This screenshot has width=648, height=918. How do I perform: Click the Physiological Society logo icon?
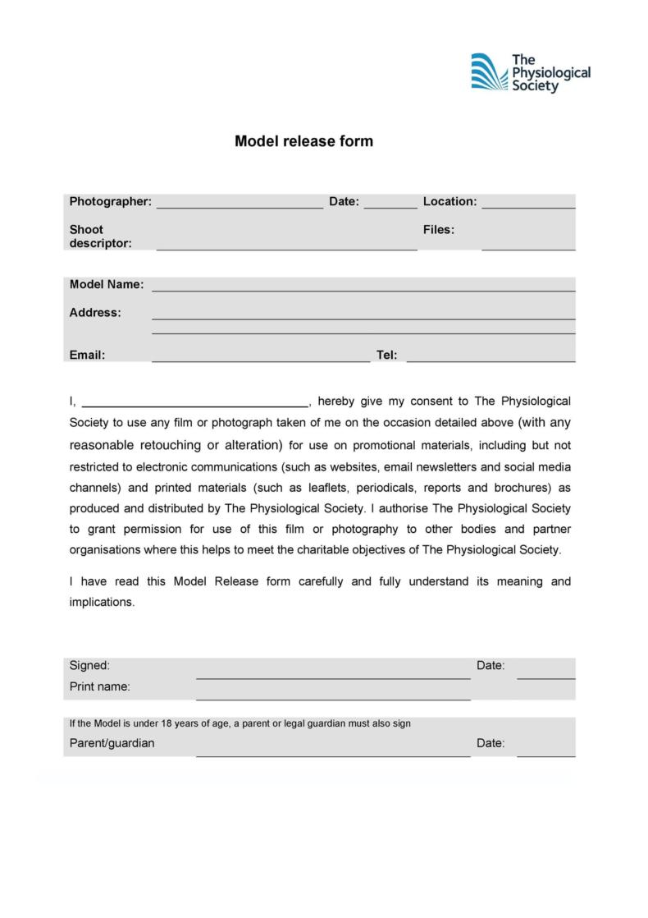coord(489,72)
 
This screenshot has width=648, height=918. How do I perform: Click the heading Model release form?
coord(303,141)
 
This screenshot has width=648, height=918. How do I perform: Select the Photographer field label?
coord(110,201)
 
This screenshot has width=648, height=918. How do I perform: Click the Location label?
coord(449,201)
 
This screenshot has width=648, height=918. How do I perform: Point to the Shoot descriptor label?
coord(100,236)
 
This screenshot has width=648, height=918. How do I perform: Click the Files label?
coord(439,230)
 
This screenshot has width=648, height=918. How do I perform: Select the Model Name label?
coord(107,284)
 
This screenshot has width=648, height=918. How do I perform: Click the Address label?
coord(95,312)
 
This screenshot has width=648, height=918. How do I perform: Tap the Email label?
coord(87,355)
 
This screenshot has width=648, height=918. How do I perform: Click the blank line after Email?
coord(261,357)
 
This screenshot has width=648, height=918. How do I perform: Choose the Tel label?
coord(386,355)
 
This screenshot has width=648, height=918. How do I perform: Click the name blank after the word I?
coord(194,403)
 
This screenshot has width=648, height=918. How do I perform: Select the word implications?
coord(101,602)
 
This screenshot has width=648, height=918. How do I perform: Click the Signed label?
coord(89,665)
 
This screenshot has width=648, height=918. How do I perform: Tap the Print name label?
coord(99,686)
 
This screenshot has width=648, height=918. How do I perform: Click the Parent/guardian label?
coord(112,743)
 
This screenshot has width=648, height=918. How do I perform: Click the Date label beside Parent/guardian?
coord(491,743)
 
